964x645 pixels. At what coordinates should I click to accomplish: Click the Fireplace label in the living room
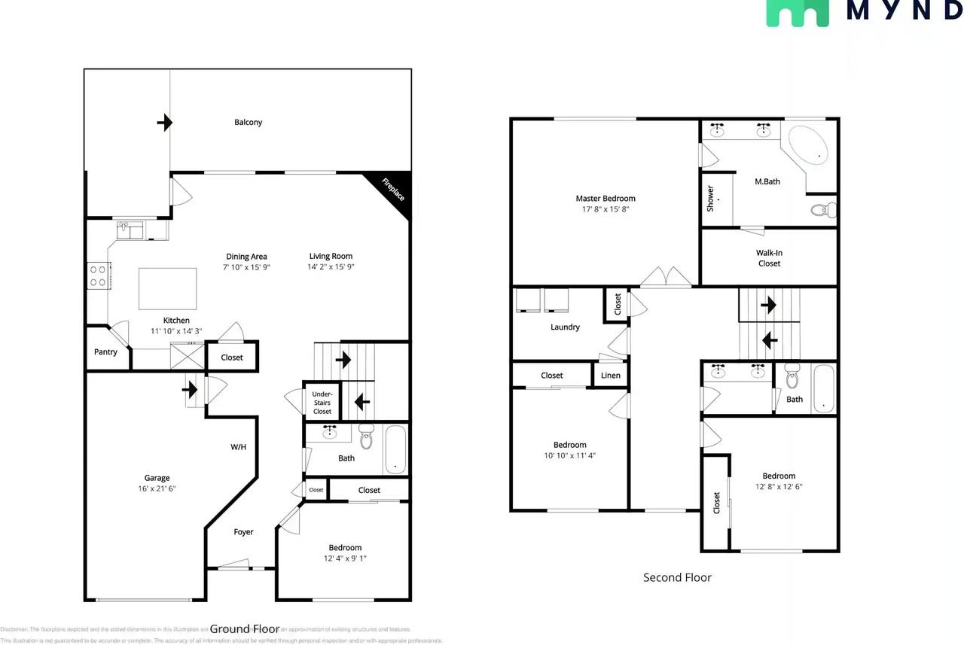pos(392,190)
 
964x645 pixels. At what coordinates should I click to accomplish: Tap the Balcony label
pos(248,122)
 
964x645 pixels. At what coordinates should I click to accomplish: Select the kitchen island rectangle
pos(167,288)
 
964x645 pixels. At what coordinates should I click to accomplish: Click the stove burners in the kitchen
pos(99,275)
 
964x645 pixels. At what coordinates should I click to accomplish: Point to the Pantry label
pos(105,351)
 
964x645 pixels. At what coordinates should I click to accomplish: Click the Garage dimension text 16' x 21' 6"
pos(157,488)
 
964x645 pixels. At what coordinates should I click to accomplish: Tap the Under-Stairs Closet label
pos(322,402)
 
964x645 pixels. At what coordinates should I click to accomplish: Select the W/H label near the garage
pos(238,447)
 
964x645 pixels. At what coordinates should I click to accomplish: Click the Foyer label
pos(243,532)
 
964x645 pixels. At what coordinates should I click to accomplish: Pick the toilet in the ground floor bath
pos(367,437)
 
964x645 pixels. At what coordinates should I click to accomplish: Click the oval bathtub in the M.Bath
pos(809,147)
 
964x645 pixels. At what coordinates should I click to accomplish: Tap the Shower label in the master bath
pos(710,198)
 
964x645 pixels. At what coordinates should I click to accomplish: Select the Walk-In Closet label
pos(769,258)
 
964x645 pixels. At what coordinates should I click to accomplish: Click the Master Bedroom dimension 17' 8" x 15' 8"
pos(606,209)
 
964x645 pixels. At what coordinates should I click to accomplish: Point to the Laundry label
pos(565,327)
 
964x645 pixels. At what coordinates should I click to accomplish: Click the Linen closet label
pos(610,376)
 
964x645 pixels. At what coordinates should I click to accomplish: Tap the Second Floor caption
pos(677,577)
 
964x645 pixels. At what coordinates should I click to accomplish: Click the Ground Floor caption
pos(245,628)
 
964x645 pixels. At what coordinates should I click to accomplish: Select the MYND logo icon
pos(797,13)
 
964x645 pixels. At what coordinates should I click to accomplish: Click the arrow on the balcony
pos(164,123)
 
